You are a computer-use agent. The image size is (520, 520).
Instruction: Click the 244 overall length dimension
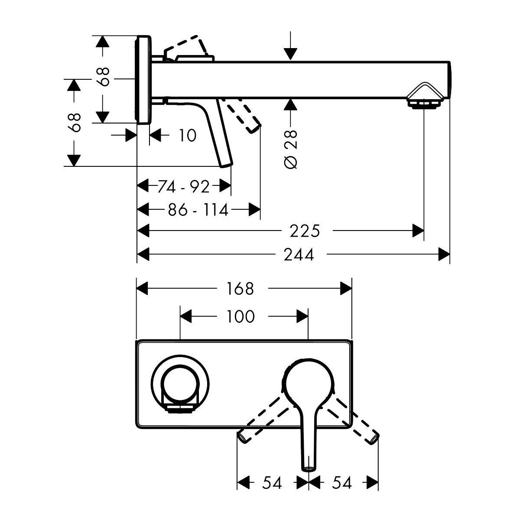tap(299, 255)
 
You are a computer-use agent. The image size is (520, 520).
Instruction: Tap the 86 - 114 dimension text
tap(198, 210)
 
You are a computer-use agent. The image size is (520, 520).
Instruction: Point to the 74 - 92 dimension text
tap(184, 187)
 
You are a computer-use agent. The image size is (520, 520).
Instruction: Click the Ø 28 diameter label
tap(292, 149)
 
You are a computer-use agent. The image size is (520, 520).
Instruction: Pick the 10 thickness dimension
tap(187, 136)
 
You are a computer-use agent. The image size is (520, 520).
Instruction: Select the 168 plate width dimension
tap(240, 288)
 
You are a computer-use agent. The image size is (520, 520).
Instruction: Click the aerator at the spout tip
tap(424, 103)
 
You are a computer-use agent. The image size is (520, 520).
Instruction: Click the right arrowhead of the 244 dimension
tap(444, 255)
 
